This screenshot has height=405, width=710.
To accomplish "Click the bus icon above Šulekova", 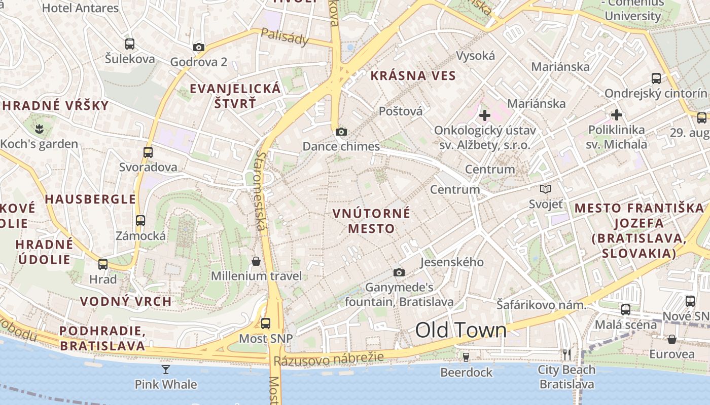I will [130, 44].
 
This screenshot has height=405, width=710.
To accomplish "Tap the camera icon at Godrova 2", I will [199, 48].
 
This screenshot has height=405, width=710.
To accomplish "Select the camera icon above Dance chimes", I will [341, 132].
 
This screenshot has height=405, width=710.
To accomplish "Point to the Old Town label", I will [460, 330].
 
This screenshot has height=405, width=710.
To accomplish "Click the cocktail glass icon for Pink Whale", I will [166, 369].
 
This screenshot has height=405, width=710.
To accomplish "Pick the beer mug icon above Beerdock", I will [466, 357].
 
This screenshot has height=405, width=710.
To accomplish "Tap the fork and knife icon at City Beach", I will [567, 354].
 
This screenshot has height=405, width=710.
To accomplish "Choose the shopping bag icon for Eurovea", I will [672, 339].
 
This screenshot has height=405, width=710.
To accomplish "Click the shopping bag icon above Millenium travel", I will [256, 261].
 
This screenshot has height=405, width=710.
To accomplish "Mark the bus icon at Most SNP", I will [266, 323].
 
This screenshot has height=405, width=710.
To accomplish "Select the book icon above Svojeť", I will [546, 189].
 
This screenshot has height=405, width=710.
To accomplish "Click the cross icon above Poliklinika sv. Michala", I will [617, 115].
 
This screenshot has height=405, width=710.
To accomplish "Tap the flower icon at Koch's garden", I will [39, 129].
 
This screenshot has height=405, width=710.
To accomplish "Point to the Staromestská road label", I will [261, 190].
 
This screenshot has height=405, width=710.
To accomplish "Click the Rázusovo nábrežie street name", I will [329, 359].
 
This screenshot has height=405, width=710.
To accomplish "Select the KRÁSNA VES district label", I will [413, 76].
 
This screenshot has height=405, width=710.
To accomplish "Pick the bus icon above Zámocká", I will [140, 221].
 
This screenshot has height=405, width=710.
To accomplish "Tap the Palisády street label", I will [285, 36].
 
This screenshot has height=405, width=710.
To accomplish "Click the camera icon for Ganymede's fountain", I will [399, 273].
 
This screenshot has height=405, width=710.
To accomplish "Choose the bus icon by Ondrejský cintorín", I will [656, 78].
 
